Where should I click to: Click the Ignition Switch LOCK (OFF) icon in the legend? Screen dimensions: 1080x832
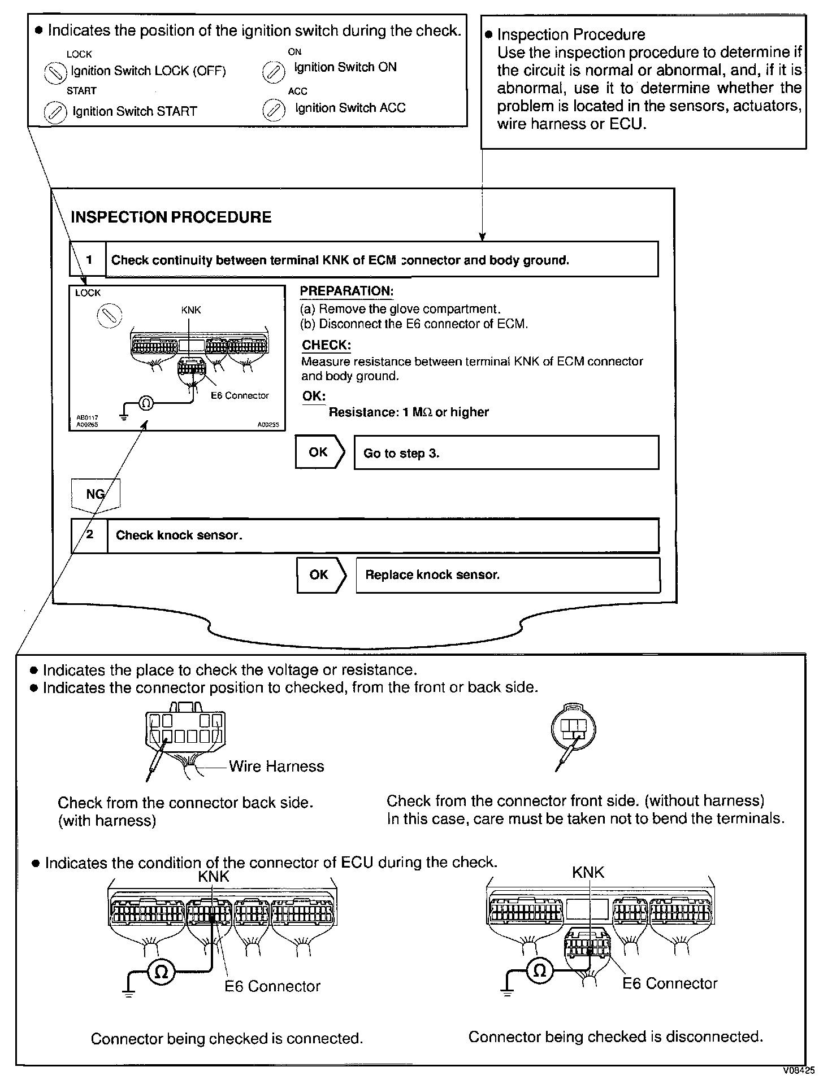point(55,72)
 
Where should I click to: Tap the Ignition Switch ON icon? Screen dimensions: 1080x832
point(274,72)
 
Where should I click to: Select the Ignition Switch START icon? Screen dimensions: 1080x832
point(55,112)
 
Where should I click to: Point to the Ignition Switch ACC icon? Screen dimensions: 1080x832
point(274,111)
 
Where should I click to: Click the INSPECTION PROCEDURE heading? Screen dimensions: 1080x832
point(171,217)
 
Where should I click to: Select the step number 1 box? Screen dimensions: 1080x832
point(88,260)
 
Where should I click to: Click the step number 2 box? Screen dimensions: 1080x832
point(89,535)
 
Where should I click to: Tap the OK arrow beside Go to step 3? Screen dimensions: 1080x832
point(319,452)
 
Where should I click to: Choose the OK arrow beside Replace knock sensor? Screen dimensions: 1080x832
point(320,575)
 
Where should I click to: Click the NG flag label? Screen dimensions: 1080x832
point(96,494)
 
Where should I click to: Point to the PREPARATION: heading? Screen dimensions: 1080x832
point(346,291)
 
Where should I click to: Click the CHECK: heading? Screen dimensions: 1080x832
point(326,345)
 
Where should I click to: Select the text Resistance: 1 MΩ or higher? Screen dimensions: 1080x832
point(408,412)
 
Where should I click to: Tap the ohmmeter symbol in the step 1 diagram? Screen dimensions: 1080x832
point(146,403)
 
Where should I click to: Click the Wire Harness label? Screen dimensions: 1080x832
point(276,767)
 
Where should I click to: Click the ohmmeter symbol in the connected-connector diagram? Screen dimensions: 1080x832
point(161,972)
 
